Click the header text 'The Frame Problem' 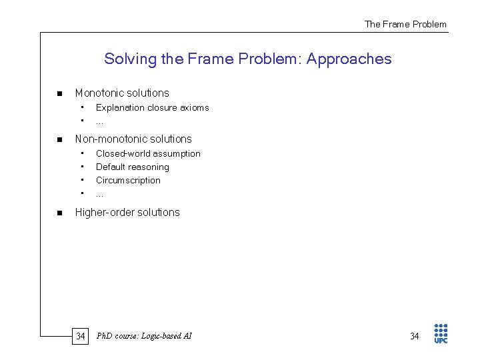tap(405, 24)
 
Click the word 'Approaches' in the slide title tap(349, 59)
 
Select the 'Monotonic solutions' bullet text tap(122, 93)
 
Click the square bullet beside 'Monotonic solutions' tap(59, 93)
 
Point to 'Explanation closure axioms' tap(152, 107)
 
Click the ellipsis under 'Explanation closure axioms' tap(99, 121)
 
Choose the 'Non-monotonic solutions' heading tap(133, 139)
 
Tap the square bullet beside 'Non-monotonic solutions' tap(59, 139)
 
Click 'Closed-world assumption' tap(148, 154)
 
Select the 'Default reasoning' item tap(133, 167)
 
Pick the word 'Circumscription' tap(128, 181)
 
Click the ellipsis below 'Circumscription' tap(99, 194)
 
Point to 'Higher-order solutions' tap(127, 213)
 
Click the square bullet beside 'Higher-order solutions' tap(59, 213)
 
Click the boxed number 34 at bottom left tap(80, 336)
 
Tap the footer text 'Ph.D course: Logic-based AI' tap(144, 336)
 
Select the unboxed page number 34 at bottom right tap(415, 336)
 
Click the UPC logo tap(441, 333)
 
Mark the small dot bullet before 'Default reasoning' tap(81, 167)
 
